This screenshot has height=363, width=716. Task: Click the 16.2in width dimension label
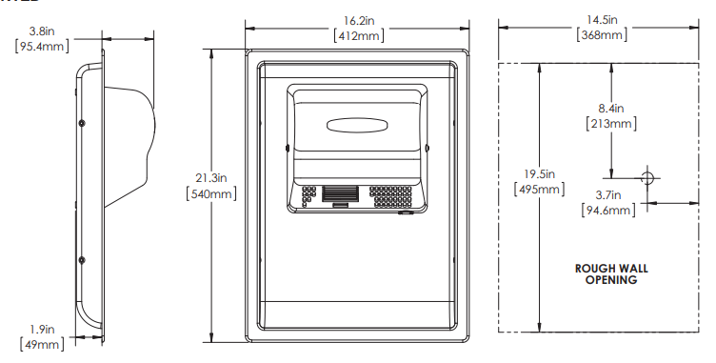[x=358, y=21]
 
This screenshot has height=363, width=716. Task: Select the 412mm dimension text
[x=358, y=35]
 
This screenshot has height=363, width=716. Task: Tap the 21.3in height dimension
[x=211, y=178]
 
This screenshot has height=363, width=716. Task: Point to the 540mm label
[x=211, y=193]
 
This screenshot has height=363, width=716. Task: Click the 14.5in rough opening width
[x=602, y=20]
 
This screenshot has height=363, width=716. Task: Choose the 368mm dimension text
[x=602, y=34]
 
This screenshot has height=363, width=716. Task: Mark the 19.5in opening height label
[x=539, y=174]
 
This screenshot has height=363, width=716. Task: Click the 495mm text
[x=539, y=189]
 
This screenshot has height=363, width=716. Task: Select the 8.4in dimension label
[x=611, y=109]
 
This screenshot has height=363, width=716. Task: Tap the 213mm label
[x=611, y=124]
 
